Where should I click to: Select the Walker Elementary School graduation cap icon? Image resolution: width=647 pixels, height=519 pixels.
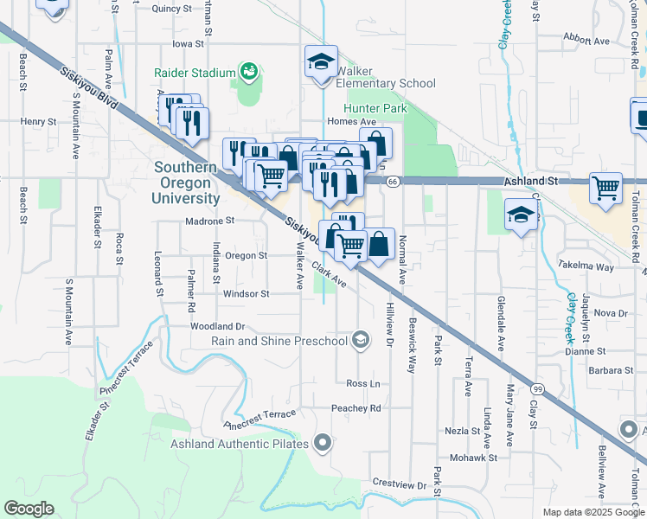321,62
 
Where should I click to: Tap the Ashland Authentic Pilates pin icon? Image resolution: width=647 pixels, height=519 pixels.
323,444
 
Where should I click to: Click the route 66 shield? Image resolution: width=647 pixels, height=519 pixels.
392,181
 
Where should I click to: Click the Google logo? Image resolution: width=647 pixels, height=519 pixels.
29,509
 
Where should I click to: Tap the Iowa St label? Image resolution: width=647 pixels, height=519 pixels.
187,42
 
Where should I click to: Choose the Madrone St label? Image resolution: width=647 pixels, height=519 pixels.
210,221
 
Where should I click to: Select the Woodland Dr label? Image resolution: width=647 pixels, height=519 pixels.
218,326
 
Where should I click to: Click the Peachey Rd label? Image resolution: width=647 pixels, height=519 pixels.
356,407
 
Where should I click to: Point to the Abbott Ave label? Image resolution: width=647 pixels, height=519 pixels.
586,40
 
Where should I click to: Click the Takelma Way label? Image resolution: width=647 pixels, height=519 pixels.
586,266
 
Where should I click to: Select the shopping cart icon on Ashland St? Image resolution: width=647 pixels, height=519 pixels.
605,187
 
